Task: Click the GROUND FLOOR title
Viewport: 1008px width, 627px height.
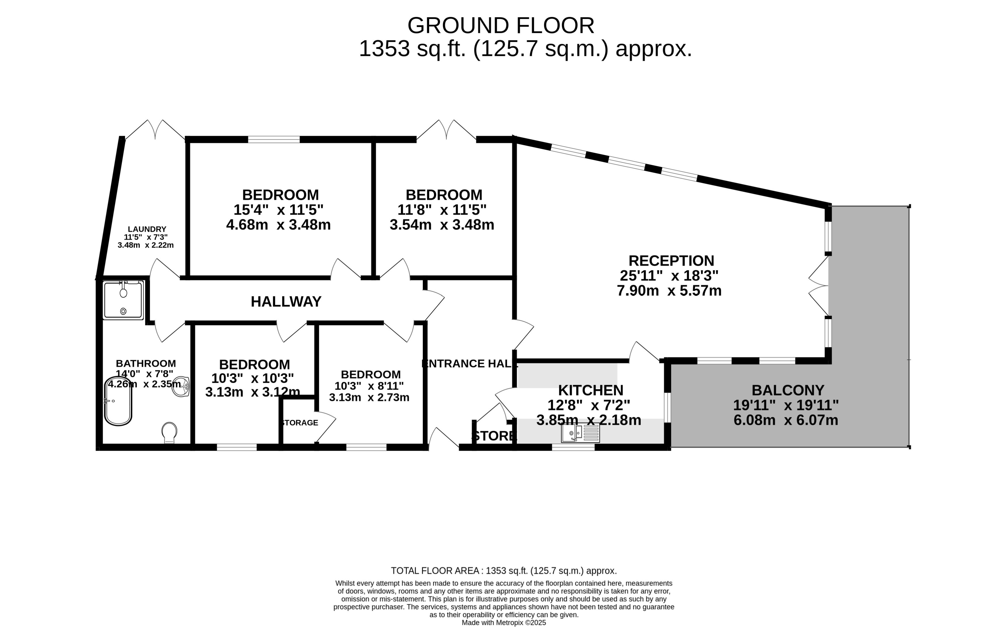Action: pyautogui.click(x=501, y=26)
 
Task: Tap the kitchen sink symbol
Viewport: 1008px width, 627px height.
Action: pyautogui.click(x=580, y=433)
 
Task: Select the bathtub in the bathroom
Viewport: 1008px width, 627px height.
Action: pyautogui.click(x=118, y=401)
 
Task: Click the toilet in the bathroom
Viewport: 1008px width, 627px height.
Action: pyautogui.click(x=169, y=432)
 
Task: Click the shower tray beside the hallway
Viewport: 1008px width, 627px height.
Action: pyautogui.click(x=123, y=300)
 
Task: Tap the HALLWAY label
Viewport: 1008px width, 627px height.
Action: pyautogui.click(x=286, y=302)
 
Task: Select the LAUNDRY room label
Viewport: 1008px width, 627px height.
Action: pyautogui.click(x=147, y=229)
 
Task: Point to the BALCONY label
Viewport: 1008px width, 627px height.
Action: pyautogui.click(x=788, y=390)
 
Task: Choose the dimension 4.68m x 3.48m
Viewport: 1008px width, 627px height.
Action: pyautogui.click(x=278, y=225)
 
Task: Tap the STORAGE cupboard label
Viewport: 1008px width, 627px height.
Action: pyautogui.click(x=299, y=423)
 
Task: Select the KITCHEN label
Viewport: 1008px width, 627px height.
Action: pyautogui.click(x=590, y=390)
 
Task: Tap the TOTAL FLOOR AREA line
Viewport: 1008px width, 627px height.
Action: pyautogui.click(x=503, y=571)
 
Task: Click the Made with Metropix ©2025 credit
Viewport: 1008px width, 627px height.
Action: pyautogui.click(x=503, y=622)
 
